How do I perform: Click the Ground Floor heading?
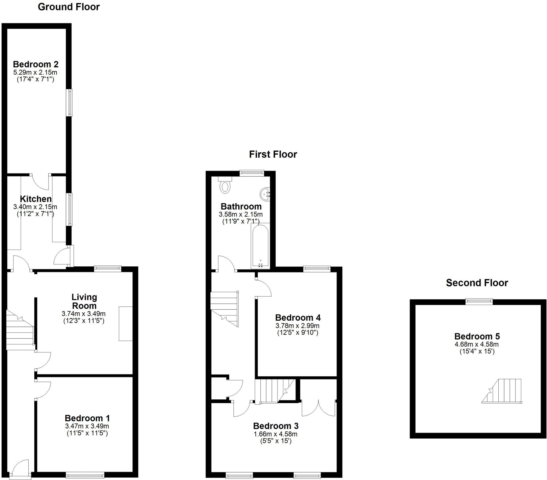pos(69,7)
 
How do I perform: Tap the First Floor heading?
pos(273,154)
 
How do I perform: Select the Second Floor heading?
pos(477,283)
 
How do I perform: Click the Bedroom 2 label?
pos(36,64)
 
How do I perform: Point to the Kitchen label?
pos(36,199)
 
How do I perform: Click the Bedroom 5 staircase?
pos(502,391)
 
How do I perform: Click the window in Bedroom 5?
pos(479,302)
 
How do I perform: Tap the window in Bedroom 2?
pos(69,103)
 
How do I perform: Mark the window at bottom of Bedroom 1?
pos(85,475)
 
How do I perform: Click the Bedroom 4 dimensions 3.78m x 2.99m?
pos(297,326)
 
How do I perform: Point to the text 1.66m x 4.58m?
pos(275,434)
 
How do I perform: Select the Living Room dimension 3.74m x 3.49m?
pos(84,314)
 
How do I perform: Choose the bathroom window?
pos(252,173)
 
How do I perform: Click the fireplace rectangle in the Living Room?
pos(126,324)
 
